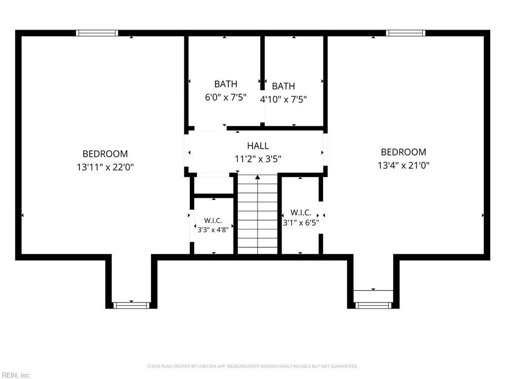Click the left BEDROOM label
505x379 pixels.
(x=105, y=154)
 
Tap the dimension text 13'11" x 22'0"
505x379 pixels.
(x=105, y=167)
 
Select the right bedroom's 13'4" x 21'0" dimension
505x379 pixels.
(x=403, y=165)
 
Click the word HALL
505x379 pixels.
(x=258, y=146)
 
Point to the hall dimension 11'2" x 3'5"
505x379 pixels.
(x=258, y=159)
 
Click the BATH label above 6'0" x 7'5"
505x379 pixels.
(x=226, y=84)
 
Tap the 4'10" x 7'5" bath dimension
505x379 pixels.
(x=284, y=99)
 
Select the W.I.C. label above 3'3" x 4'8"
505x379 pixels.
(x=213, y=221)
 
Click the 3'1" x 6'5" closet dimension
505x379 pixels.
(x=301, y=223)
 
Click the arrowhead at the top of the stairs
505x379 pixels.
(x=257, y=177)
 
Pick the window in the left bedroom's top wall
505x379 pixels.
(x=97, y=33)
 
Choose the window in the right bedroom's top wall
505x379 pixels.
(x=405, y=33)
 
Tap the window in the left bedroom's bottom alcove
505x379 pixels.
(x=131, y=305)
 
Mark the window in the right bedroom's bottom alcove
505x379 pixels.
(x=373, y=305)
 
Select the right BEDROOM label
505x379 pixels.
(x=403, y=152)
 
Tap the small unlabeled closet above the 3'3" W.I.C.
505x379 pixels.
(x=213, y=185)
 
